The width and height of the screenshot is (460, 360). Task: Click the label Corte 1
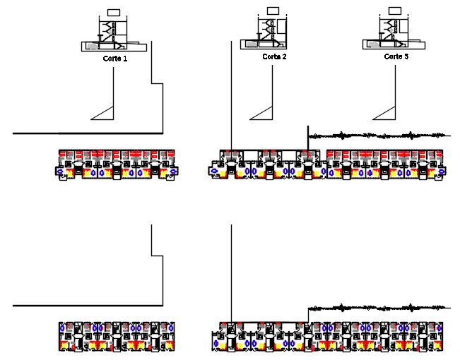114,59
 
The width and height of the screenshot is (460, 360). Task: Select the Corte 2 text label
274,56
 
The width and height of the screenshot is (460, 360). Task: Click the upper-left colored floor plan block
117,164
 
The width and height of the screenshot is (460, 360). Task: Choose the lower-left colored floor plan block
117,336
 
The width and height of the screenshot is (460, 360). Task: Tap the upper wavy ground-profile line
378,135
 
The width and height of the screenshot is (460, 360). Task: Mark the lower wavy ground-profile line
378,308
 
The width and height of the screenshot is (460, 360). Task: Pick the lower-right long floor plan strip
329,336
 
